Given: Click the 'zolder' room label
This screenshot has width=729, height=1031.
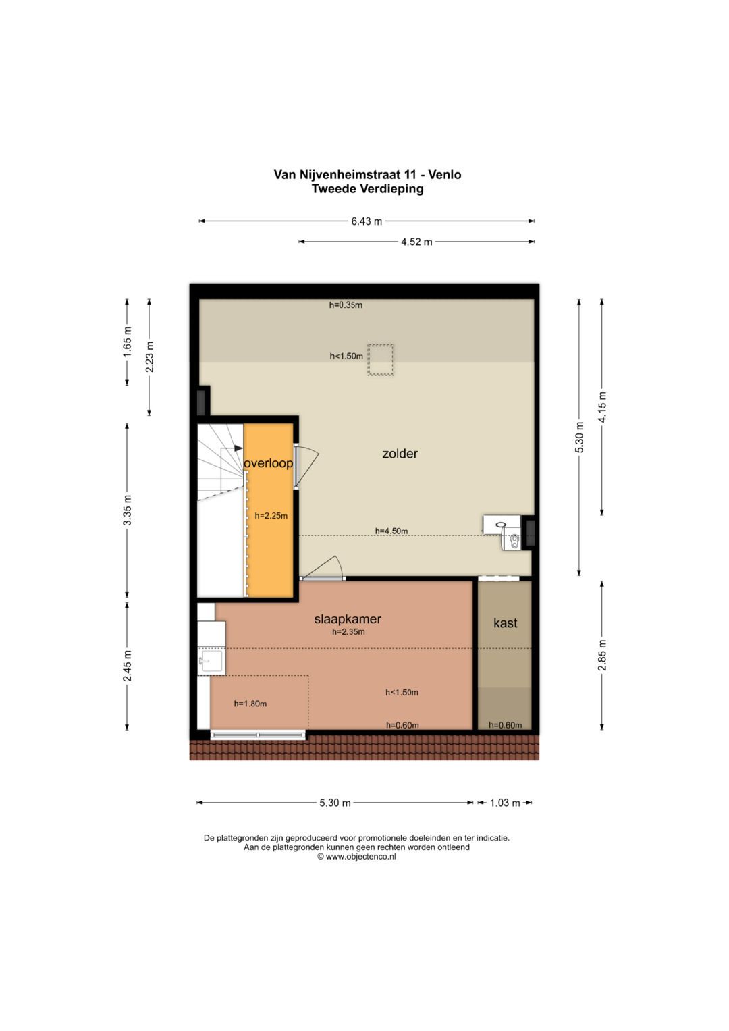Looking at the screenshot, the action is point(400,454).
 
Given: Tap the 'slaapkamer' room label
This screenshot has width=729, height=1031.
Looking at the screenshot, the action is point(348,620).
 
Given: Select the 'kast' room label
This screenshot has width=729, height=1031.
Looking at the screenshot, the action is point(506,623).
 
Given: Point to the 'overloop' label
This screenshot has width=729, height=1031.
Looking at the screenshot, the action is point(269,463).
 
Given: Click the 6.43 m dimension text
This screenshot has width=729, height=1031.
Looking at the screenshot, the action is point(367,221).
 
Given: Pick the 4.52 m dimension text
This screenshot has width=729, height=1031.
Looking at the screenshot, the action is point(416,242).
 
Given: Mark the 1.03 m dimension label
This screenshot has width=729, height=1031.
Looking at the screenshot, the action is point(505,803).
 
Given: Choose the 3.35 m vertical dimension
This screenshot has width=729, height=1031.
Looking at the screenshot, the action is point(128,510).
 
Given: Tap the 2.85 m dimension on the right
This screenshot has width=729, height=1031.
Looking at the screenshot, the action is point(602,656).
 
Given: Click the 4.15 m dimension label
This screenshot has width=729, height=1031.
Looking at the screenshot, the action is point(602,406).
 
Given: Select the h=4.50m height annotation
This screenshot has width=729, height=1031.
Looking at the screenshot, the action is point(391,531).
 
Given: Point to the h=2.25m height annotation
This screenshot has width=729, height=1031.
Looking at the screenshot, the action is point(271,516).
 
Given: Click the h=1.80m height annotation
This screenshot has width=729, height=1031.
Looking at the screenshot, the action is point(250,704).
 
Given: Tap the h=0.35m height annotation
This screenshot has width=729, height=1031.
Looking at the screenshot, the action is point(346,305).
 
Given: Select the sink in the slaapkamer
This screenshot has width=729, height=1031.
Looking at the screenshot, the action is point(211,661).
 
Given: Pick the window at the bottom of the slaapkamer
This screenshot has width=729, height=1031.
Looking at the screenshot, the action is point(258,735).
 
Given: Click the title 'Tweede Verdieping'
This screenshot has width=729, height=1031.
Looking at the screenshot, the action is point(367,188).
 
